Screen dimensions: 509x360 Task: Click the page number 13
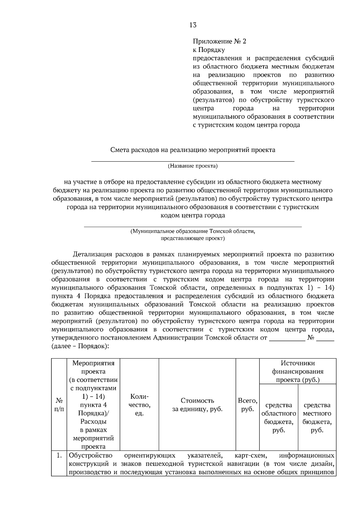[193, 25]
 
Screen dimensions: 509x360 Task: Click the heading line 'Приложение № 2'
[219, 41]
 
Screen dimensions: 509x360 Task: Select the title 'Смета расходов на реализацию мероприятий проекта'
[193, 150]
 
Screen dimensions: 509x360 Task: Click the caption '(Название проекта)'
[193, 166]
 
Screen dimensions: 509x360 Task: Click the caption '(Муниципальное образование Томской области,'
[193, 231]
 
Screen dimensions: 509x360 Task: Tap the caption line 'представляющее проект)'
[193, 239]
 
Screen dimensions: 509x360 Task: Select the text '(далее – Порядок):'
[80, 346]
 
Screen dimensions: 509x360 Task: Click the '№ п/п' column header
[59, 405]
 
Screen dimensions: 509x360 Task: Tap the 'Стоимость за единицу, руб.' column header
[197, 405]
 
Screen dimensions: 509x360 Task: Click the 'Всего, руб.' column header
[247, 405]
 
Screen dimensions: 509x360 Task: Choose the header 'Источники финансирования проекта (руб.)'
[298, 371]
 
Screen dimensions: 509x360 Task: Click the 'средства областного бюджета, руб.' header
[279, 417]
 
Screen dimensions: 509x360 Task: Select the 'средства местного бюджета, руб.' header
[317, 417]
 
